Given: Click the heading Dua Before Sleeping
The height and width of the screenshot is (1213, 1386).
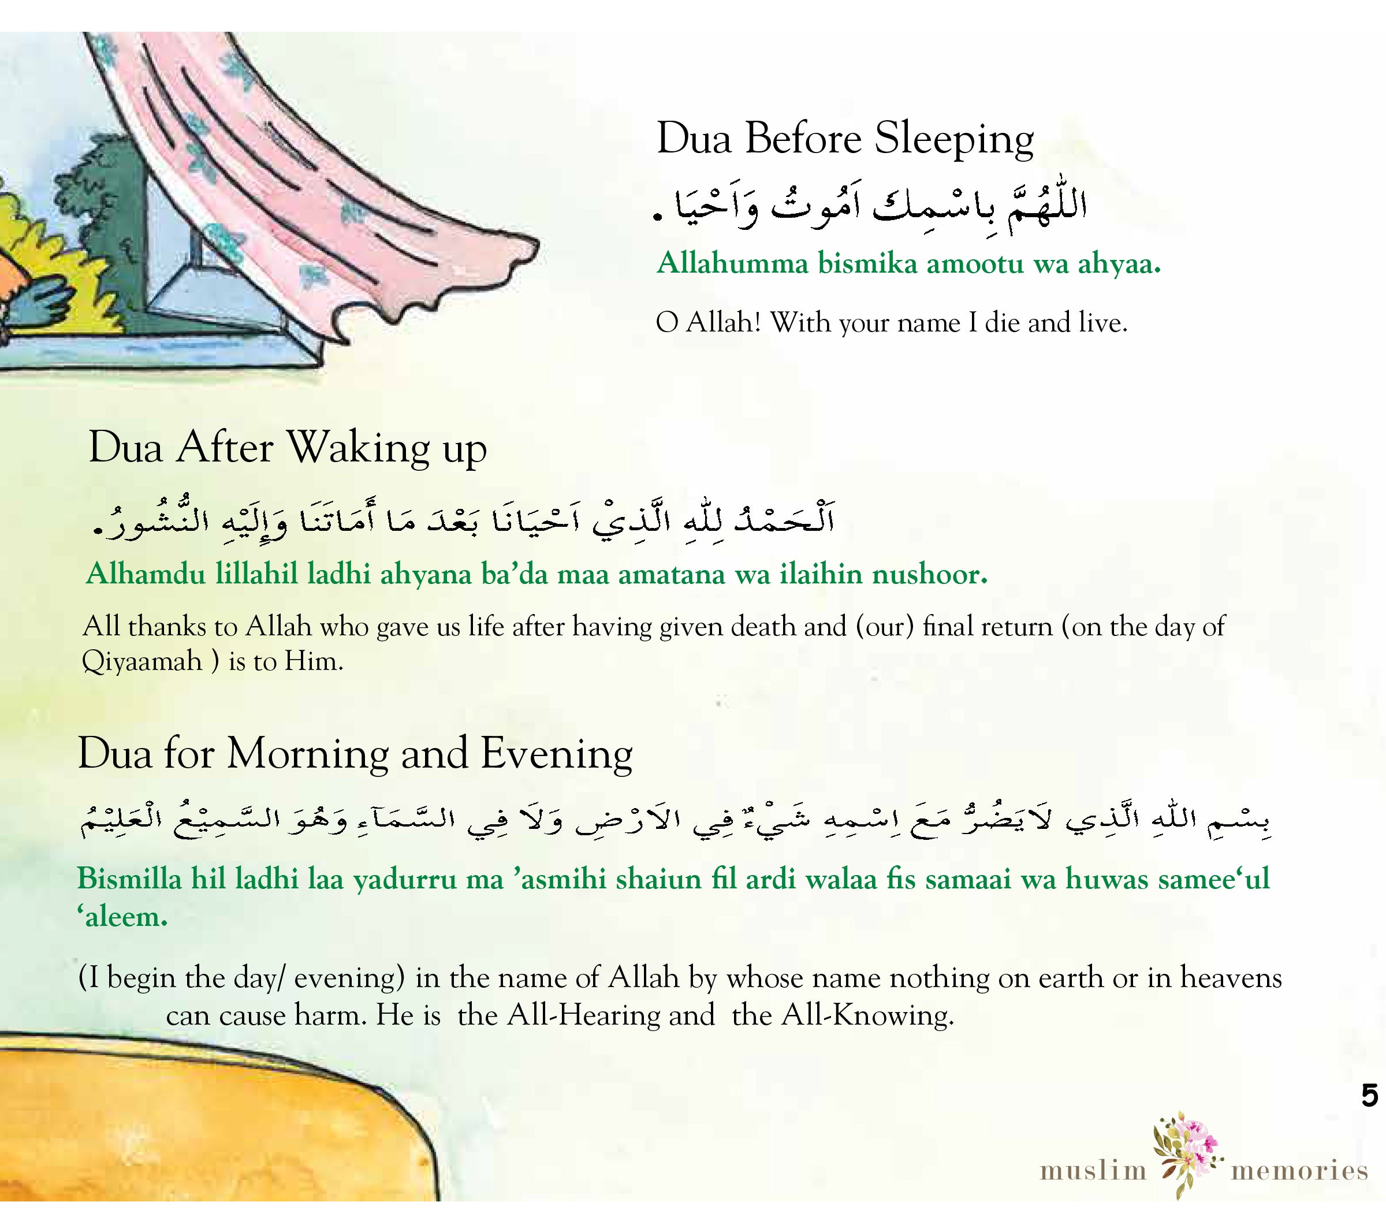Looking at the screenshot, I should point(844,139).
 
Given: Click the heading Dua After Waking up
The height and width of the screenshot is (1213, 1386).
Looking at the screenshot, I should point(288,448).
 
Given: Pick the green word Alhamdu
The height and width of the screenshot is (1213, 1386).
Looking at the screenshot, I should point(145,574).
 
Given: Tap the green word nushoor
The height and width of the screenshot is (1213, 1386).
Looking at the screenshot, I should point(929,574).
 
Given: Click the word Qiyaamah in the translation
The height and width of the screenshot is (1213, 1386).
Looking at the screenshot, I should point(142,661).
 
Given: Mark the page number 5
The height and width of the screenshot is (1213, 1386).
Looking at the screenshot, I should point(1369,1095).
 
